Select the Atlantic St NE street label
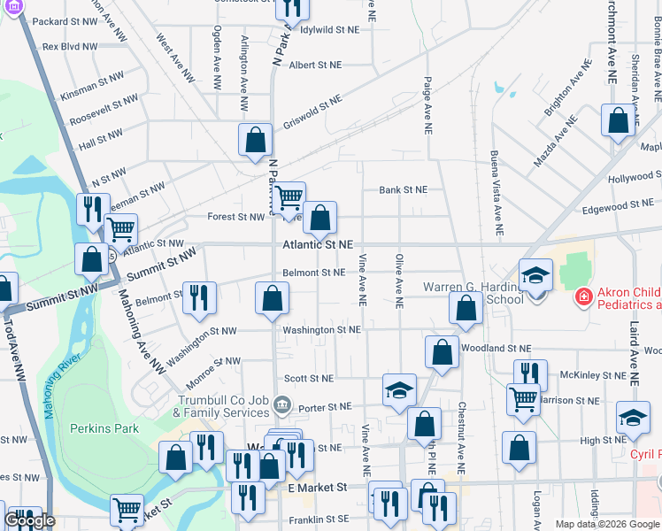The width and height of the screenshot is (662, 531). point(319,244)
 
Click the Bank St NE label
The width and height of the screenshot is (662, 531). point(403,189)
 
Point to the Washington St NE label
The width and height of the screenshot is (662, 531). point(321,330)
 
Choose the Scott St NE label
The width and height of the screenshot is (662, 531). point(309,378)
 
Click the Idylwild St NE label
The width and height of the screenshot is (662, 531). point(330,29)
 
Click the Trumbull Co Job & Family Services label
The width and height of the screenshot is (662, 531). point(221,406)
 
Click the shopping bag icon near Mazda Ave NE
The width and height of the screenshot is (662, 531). point(618,120)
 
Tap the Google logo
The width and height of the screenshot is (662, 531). point(29,520)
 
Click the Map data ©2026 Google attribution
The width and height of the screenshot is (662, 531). point(607,524)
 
